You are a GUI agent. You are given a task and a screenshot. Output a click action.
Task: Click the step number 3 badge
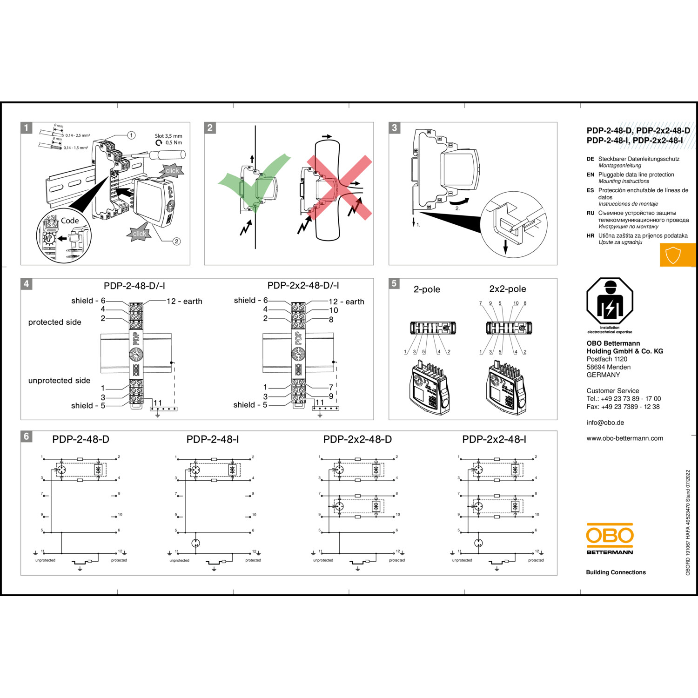[x=395, y=128]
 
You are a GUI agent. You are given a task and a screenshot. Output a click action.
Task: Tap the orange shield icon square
[x=673, y=255]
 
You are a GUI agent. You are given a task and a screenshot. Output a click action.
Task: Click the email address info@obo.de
[x=605, y=423]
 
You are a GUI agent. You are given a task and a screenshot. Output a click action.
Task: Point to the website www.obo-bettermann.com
[x=624, y=438]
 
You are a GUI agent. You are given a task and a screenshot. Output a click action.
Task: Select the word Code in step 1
[x=70, y=221]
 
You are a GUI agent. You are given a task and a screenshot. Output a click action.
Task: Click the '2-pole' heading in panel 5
[x=427, y=289]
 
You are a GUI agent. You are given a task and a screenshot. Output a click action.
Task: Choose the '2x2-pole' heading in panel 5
[x=507, y=289]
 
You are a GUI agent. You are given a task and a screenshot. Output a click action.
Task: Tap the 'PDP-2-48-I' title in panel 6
[x=213, y=439]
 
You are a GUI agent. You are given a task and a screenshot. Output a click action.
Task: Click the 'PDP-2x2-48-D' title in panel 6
[x=357, y=439]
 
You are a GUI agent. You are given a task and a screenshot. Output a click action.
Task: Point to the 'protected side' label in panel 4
[x=54, y=322]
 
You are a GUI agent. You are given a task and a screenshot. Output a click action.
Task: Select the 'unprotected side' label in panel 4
[x=59, y=381]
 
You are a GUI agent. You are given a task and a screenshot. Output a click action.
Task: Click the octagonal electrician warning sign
[x=610, y=301]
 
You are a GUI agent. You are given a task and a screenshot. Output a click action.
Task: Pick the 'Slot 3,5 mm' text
[x=168, y=136]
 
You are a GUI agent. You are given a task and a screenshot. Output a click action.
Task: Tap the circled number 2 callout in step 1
[x=177, y=241]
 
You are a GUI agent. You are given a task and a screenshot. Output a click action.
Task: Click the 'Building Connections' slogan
[x=616, y=572]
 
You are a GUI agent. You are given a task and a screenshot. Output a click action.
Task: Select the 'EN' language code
[x=590, y=175]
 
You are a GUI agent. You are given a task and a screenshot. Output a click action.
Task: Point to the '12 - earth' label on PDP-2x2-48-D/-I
[x=346, y=302]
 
